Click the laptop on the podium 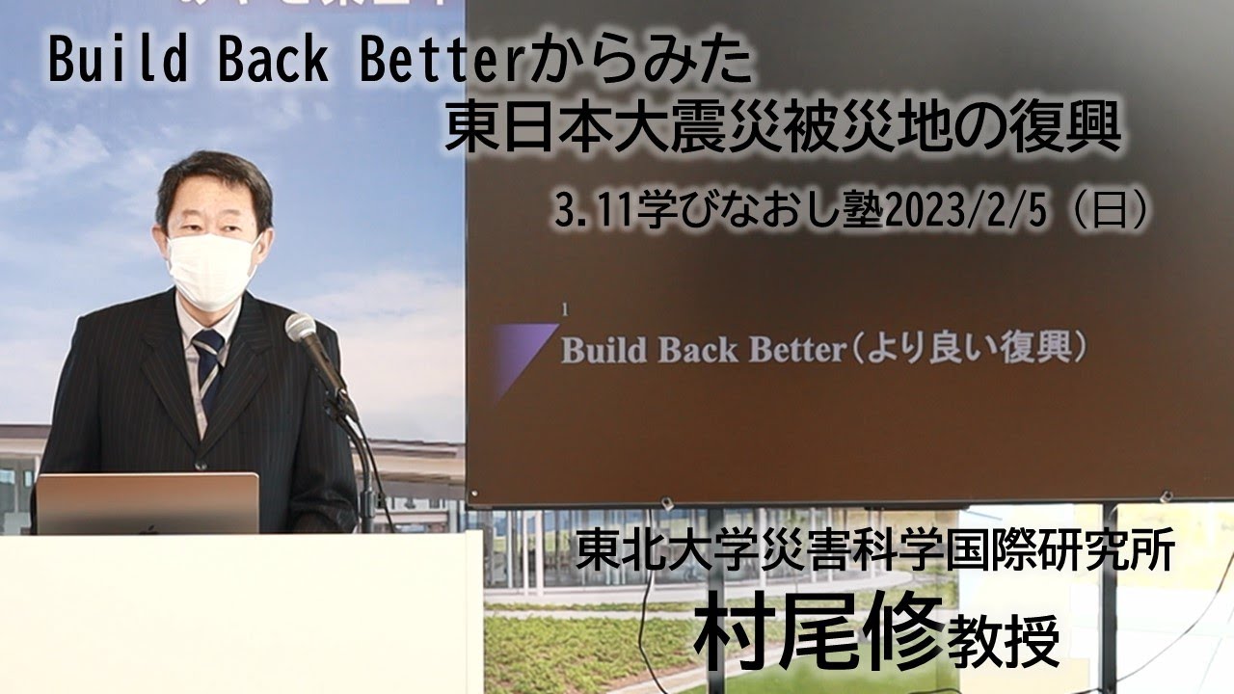pyautogui.click(x=148, y=502)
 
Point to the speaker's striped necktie pyautogui.click(x=208, y=360)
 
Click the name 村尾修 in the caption pyautogui.click(x=818, y=634)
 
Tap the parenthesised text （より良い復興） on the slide pyautogui.click(x=968, y=349)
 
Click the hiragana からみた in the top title pyautogui.click(x=641, y=64)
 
